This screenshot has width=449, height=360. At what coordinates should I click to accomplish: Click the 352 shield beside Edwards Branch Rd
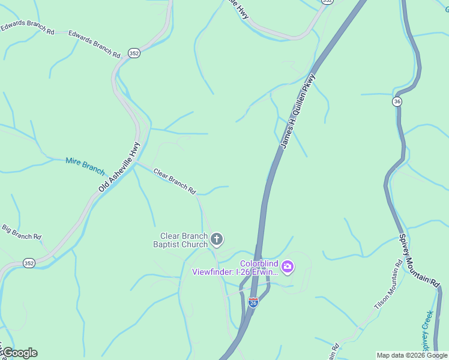tap(134, 53)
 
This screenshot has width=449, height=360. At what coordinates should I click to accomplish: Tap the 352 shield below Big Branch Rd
tap(29, 263)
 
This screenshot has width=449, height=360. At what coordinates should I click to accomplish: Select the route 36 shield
tap(397, 102)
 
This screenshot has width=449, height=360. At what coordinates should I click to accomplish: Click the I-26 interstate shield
tap(253, 302)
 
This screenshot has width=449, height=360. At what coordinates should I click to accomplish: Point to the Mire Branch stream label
tap(85, 165)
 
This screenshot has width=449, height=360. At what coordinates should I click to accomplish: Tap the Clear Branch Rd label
tap(175, 181)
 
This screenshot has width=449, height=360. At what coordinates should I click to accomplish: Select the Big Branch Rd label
tap(21, 232)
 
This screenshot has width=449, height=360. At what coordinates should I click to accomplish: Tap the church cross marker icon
tap(217, 240)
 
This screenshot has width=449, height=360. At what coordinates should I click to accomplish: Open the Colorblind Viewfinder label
tap(235, 268)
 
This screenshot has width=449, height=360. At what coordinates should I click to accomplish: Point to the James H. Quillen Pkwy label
tap(297, 112)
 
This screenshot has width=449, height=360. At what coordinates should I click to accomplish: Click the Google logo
tap(20, 353)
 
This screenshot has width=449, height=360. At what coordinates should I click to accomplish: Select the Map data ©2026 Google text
tap(412, 355)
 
